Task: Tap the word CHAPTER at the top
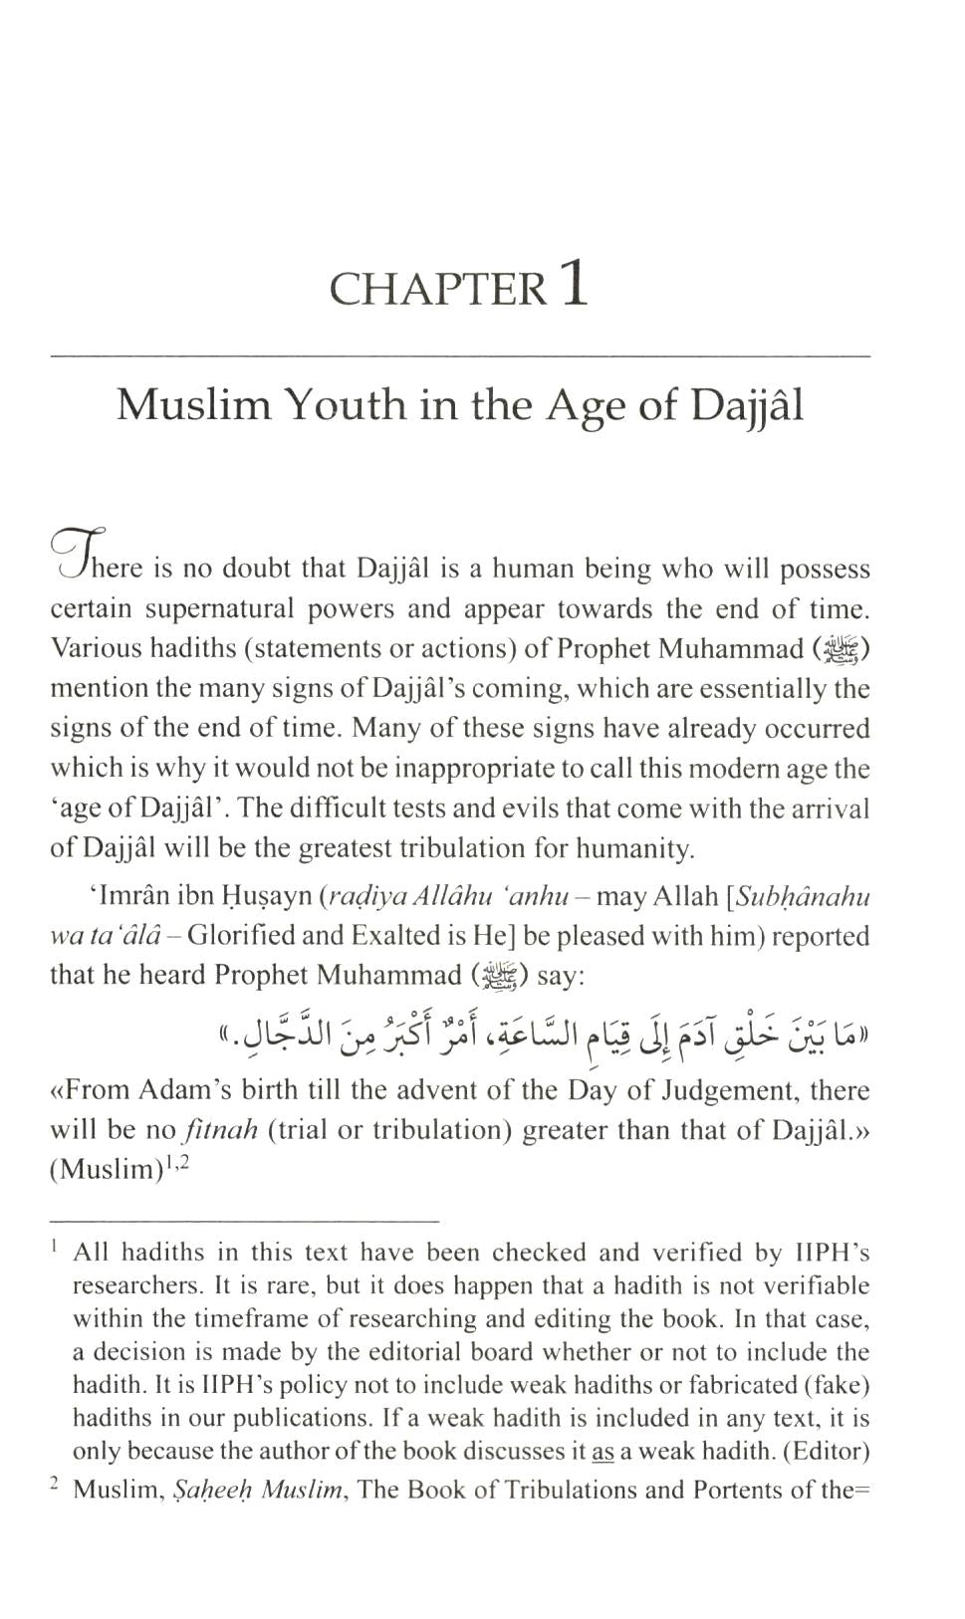pos(437,290)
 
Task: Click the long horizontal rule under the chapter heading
pos(459,355)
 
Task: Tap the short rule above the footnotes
pos(244,1220)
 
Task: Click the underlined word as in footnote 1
pos(603,1452)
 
